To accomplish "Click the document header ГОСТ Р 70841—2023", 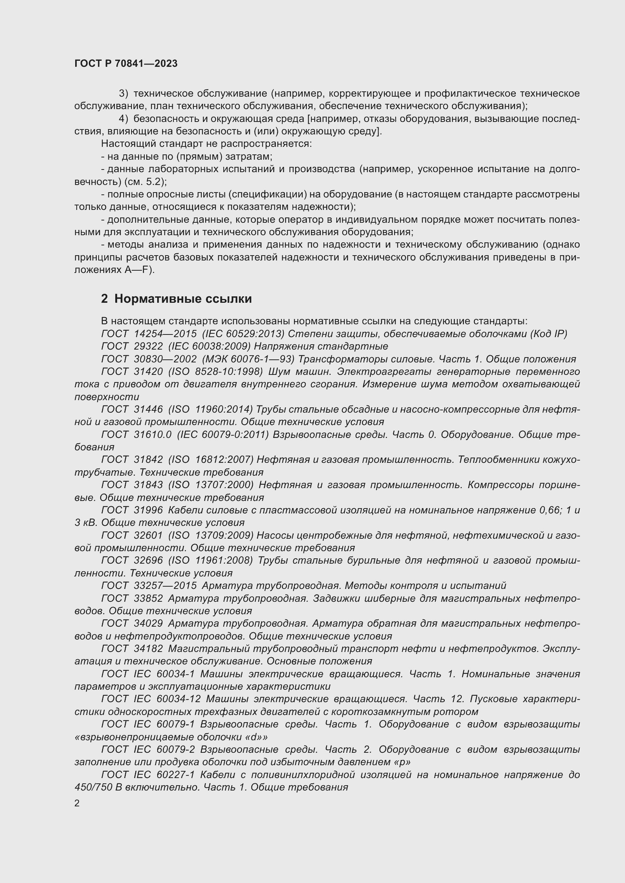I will [x=126, y=63].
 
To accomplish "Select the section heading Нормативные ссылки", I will [x=183, y=299].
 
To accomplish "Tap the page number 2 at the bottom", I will [x=77, y=803].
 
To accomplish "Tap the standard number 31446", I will [x=149, y=410].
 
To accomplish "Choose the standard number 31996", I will [x=149, y=510].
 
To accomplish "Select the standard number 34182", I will [x=149, y=649].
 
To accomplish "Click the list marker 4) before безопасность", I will [x=124, y=119].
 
